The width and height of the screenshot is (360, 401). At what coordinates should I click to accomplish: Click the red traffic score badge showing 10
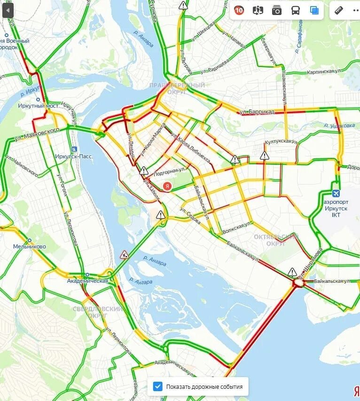click(x=239, y=10)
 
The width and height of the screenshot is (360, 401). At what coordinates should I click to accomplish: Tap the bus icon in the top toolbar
click(x=296, y=10)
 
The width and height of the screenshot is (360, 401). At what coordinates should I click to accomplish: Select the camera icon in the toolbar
click(x=277, y=10)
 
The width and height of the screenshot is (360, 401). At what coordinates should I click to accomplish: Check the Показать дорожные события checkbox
click(x=158, y=387)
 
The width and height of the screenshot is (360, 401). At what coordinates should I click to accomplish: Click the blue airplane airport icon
click(x=336, y=193)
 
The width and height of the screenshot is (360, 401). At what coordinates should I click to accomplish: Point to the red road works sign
click(x=124, y=254)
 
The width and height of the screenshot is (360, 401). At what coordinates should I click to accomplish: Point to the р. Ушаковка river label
click(x=339, y=125)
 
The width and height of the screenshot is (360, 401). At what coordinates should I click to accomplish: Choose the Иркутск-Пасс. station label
click(x=72, y=156)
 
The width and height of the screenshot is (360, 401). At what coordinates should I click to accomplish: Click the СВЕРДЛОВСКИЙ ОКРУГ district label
click(x=92, y=312)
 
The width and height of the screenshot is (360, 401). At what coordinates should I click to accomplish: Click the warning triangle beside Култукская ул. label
click(x=265, y=155)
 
